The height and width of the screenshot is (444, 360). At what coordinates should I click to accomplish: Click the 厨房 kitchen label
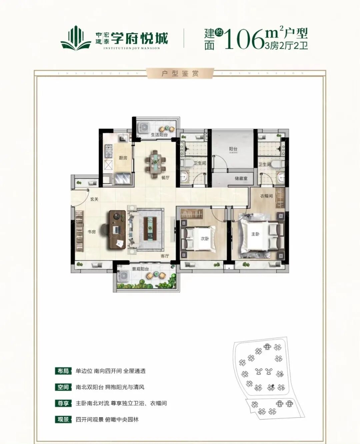click(x=123, y=158)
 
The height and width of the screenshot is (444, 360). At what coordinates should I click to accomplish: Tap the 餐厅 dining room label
click(x=165, y=178)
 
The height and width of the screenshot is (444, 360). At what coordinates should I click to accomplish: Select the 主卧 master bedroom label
click(x=255, y=234)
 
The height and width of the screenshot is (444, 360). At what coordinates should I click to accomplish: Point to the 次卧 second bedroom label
click(x=204, y=238)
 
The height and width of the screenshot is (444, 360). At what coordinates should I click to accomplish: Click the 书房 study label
click(x=91, y=231)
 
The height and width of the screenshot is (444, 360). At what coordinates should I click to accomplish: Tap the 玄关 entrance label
click(x=94, y=199)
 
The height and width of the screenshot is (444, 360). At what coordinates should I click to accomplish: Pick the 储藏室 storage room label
click(x=241, y=178)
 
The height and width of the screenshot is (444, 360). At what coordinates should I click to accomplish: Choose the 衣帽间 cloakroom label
click(x=266, y=196)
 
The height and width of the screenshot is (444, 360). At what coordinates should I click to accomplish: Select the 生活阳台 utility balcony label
click(x=159, y=135)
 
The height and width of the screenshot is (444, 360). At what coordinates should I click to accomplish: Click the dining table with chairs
click(x=155, y=164)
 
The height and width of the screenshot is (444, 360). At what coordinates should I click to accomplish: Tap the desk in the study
click(x=117, y=230)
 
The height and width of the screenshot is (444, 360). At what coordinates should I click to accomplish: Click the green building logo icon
click(x=76, y=39)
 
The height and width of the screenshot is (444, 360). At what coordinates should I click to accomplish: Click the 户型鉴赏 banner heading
click(x=180, y=73)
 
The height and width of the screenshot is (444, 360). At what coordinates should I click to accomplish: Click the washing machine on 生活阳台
click(x=144, y=128)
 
